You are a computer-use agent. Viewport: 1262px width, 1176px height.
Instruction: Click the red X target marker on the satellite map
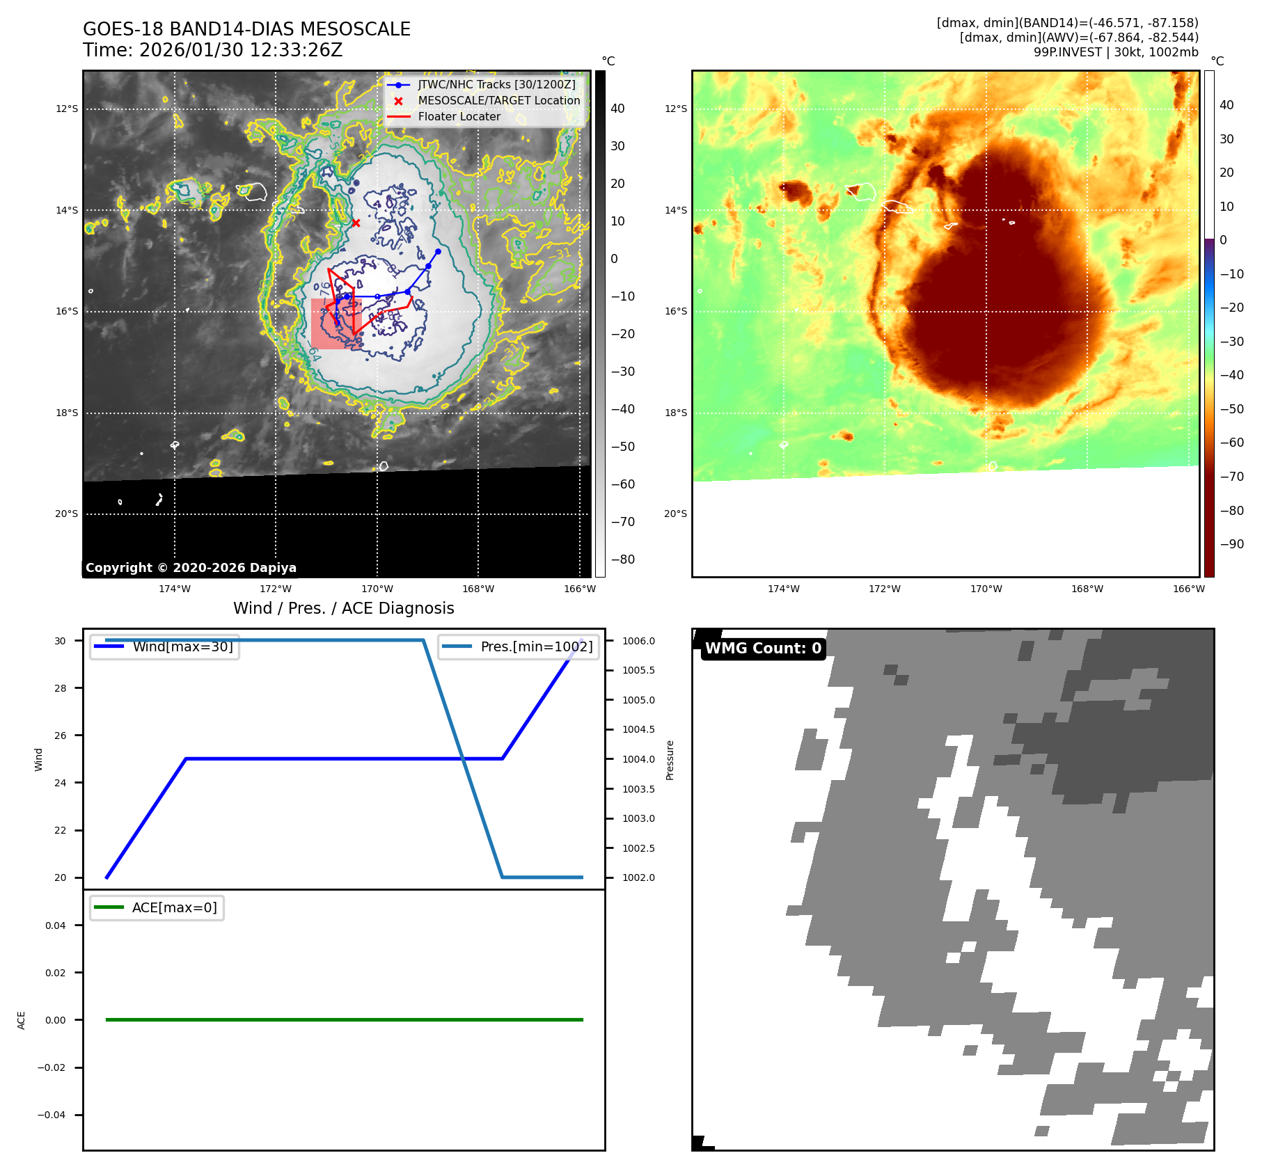click(356, 223)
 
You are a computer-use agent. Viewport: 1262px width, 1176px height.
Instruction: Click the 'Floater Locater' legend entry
click(459, 117)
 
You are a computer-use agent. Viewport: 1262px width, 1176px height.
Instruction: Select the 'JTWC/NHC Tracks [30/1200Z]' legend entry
click(496, 85)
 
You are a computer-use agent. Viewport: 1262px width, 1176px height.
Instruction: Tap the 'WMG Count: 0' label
click(763, 649)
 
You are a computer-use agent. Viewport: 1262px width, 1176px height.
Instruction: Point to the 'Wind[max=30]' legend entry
click(182, 646)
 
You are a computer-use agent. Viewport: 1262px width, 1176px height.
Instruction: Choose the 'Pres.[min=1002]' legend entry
click(536, 646)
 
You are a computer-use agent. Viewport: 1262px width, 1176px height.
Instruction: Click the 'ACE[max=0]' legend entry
click(174, 907)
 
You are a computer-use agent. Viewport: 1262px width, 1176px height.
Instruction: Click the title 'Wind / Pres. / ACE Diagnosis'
click(343, 608)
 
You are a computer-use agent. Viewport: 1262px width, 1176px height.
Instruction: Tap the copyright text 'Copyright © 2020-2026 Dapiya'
click(191, 568)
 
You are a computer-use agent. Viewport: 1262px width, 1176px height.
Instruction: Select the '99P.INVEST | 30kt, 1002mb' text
click(1115, 52)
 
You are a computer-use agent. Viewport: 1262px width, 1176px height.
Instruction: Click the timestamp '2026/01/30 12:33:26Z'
click(241, 51)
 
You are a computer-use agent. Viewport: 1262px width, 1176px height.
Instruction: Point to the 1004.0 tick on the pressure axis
click(638, 759)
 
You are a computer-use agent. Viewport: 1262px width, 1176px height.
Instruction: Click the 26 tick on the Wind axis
click(61, 736)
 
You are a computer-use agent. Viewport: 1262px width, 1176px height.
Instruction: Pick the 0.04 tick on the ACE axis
click(56, 925)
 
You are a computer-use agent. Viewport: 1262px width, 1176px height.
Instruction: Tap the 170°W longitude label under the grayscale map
click(377, 589)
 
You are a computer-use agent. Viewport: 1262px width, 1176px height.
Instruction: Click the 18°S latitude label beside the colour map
click(675, 413)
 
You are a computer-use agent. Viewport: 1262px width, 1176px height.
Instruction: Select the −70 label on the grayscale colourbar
click(622, 522)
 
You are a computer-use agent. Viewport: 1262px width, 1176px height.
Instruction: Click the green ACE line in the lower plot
click(344, 1020)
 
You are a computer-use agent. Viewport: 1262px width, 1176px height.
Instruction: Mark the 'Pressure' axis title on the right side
click(670, 760)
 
